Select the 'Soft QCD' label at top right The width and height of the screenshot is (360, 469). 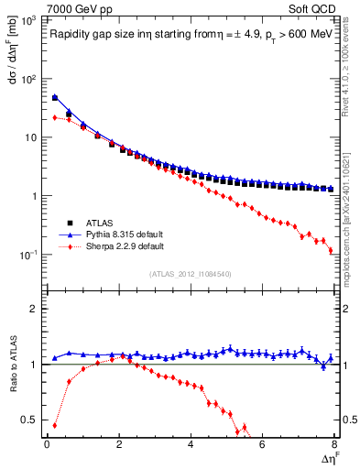pyautogui.click(x=314, y=8)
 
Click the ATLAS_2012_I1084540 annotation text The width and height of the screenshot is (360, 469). pyautogui.click(x=191, y=273)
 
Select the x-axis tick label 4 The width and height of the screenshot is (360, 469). pyautogui.click(x=191, y=444)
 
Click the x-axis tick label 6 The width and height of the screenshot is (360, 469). pyautogui.click(x=262, y=444)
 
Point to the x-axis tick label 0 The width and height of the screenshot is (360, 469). pyautogui.click(x=47, y=444)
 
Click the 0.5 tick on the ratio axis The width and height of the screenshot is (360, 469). pyautogui.click(x=30, y=420)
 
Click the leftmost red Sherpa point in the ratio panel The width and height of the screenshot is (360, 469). pyautogui.click(x=54, y=425)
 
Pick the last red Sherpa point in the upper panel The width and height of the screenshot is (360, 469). pyautogui.click(x=331, y=250)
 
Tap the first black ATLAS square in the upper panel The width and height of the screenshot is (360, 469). pyautogui.click(x=54, y=98)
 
